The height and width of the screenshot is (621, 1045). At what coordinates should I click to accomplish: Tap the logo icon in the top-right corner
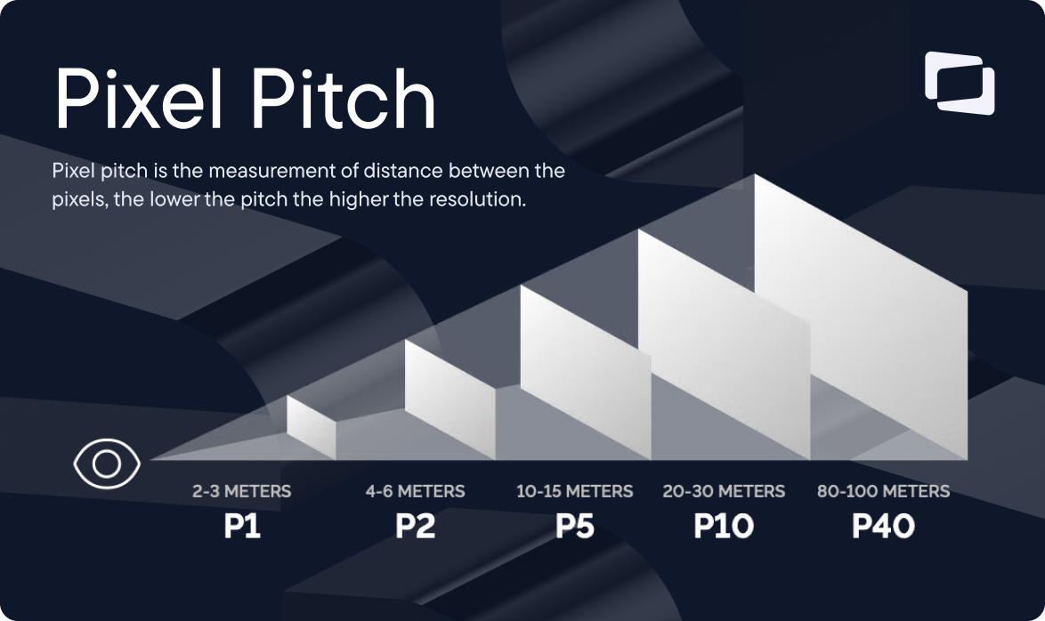959,83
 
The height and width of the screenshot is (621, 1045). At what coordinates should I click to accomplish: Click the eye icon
106,464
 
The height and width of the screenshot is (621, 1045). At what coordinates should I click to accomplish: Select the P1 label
241,526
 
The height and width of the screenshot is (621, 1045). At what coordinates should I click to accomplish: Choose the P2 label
415,526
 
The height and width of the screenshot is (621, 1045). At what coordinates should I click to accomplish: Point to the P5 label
575,526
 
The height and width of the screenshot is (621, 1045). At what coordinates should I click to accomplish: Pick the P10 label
723,526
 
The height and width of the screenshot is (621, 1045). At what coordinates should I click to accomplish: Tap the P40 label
883,526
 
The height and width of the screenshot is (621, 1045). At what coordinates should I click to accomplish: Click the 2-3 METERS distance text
241,491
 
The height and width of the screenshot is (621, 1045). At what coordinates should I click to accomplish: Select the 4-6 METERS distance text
415,491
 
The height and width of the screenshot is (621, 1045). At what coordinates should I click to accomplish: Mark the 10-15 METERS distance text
575,491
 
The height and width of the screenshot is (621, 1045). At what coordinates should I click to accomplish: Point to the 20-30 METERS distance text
724,491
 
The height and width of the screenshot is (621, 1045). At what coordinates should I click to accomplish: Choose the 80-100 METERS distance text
883,491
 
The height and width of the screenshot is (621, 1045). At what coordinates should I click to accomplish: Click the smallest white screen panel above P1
311,428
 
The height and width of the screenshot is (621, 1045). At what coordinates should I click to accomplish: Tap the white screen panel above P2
450,387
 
